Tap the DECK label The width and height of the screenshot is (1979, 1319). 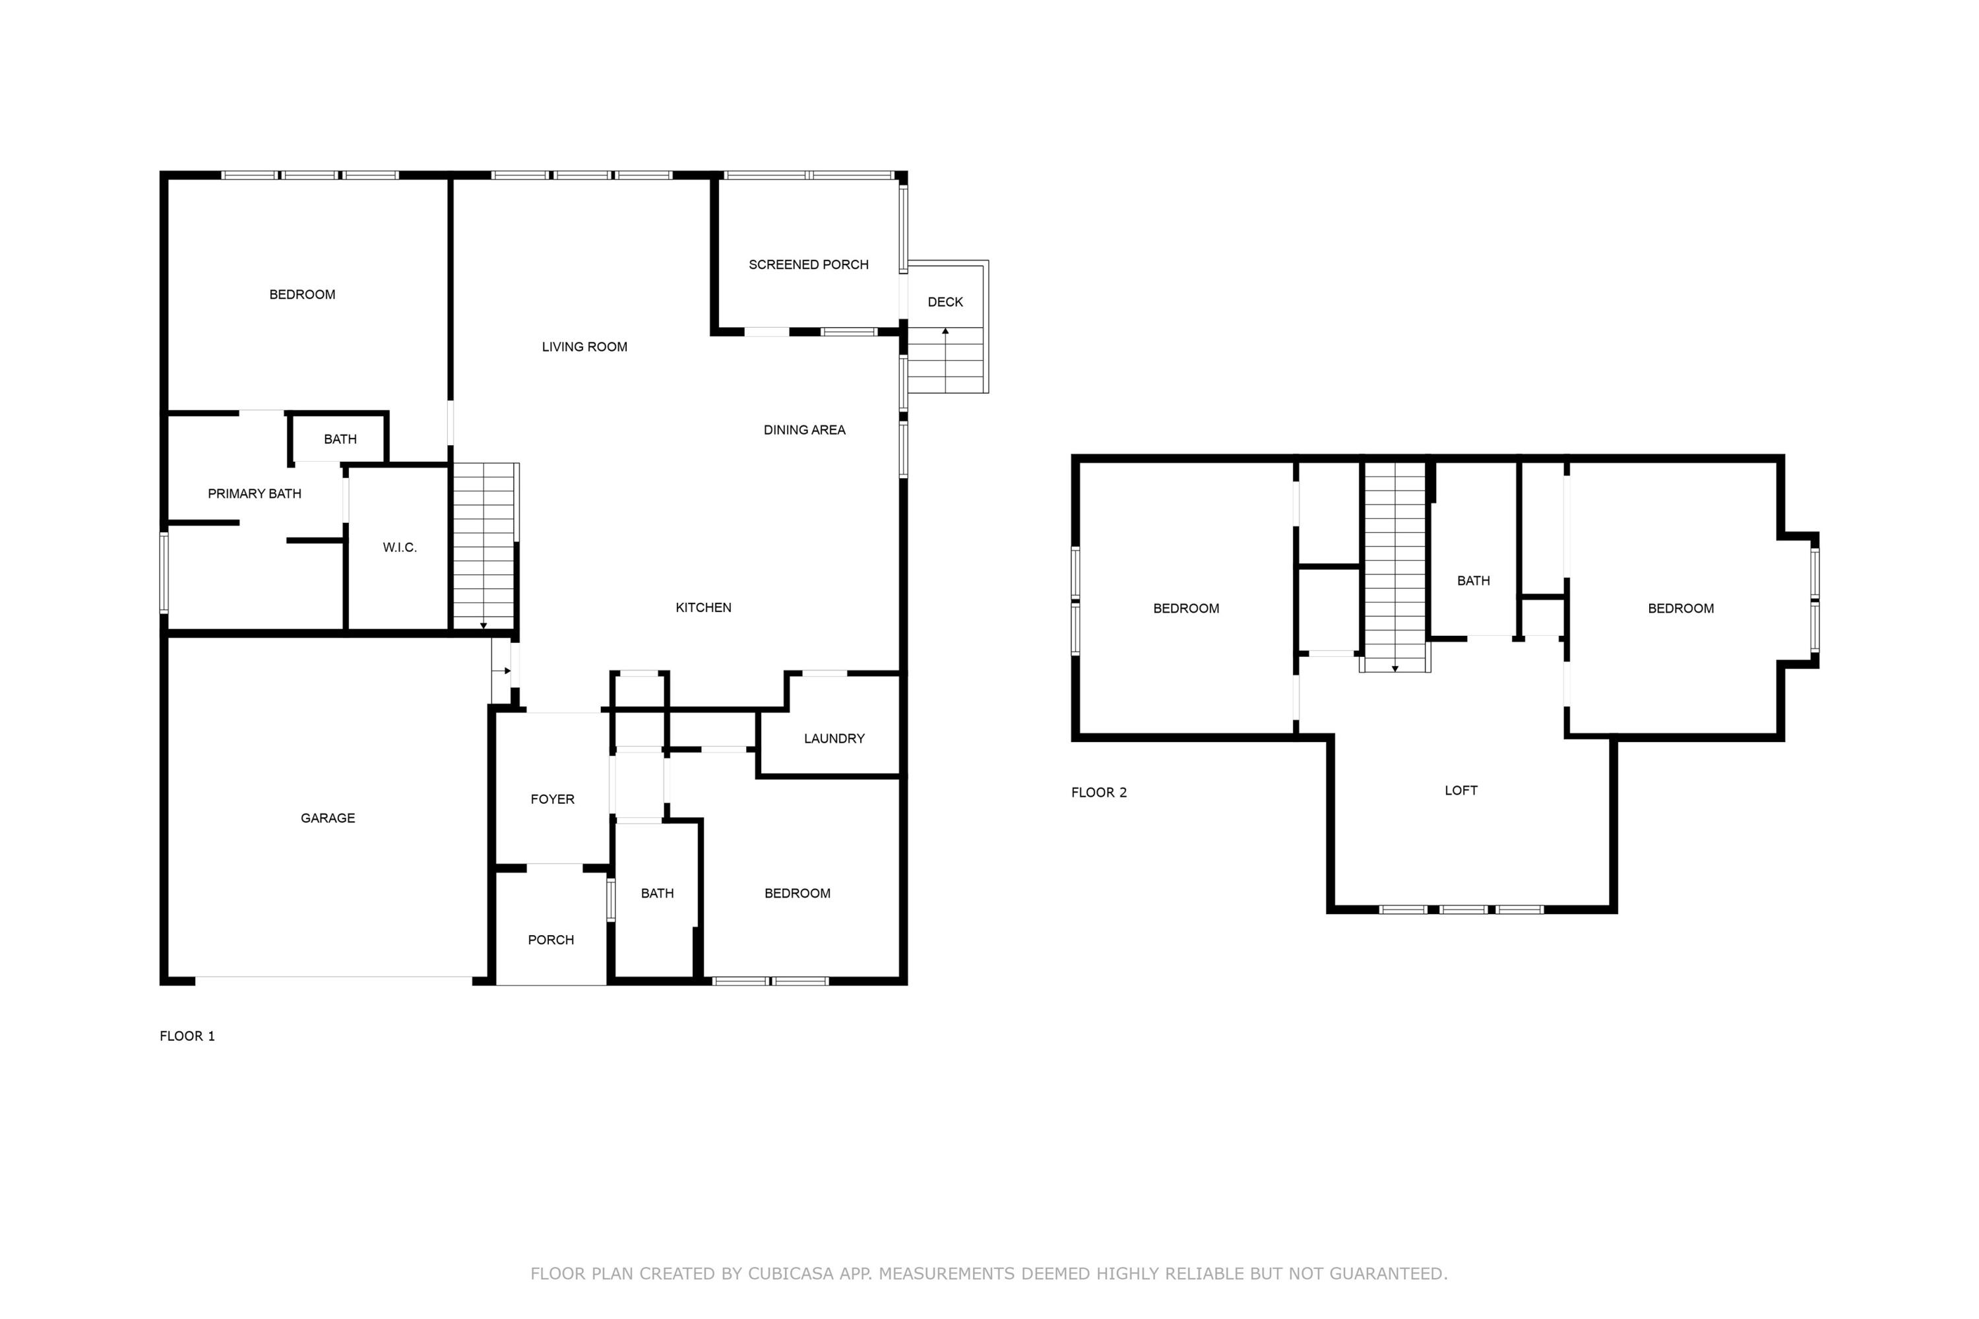(x=945, y=302)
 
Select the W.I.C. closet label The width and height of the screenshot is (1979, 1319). (x=400, y=547)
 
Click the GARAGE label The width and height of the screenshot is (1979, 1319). (x=327, y=818)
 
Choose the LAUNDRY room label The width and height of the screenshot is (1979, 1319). (x=834, y=739)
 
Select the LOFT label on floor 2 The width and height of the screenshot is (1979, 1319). (x=1461, y=790)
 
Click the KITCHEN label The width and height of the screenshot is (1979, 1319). (x=703, y=607)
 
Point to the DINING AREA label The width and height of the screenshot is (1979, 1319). (x=804, y=430)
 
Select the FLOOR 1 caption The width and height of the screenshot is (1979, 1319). (x=187, y=1035)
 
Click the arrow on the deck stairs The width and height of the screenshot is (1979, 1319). (x=945, y=332)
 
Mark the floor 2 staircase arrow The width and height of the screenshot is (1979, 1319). (x=1395, y=668)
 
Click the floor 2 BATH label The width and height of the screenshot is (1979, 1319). (x=1473, y=580)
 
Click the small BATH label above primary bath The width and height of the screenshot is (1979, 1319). (x=340, y=439)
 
